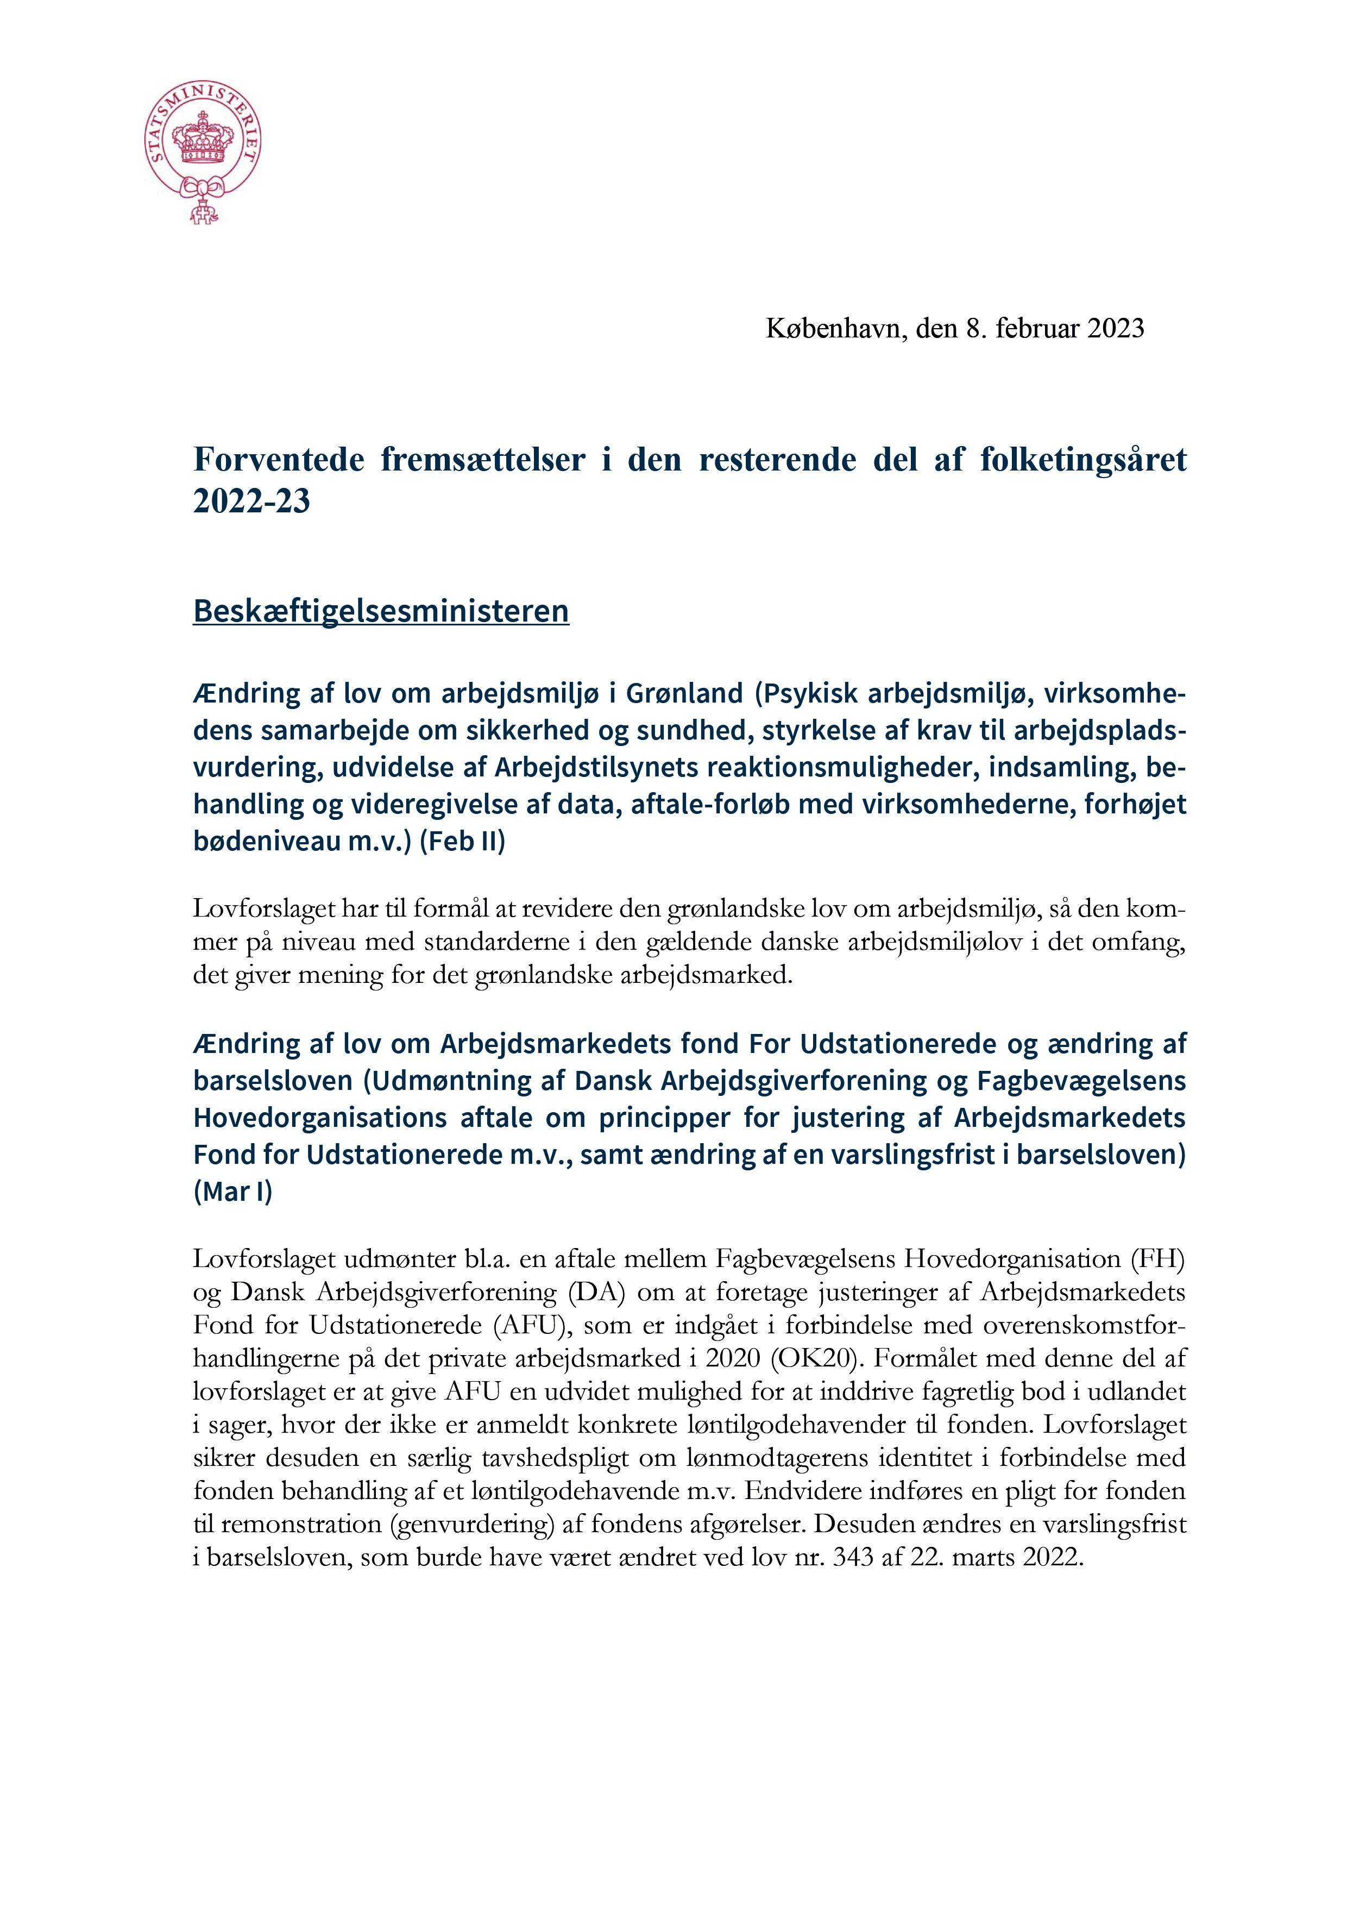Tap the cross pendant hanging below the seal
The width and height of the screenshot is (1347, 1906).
pyautogui.click(x=202, y=214)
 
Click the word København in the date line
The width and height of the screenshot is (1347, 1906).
pyautogui.click(x=836, y=329)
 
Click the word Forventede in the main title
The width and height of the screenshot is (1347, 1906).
pyautogui.click(x=279, y=460)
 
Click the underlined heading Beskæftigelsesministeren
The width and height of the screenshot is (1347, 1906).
pyautogui.click(x=381, y=611)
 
